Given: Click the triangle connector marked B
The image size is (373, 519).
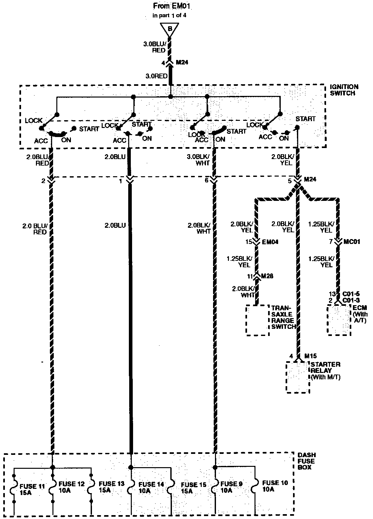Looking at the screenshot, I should pyautogui.click(x=170, y=29).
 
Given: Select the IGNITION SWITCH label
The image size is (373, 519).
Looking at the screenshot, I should pyautogui.click(x=344, y=90).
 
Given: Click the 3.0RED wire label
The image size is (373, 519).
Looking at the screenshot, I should pyautogui.click(x=156, y=76).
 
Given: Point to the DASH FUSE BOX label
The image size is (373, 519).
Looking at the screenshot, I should pyautogui.click(x=305, y=461).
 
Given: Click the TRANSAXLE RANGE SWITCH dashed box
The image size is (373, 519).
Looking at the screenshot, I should pyautogui.click(x=257, y=320).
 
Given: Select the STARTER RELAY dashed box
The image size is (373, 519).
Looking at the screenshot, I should pyautogui.click(x=298, y=377).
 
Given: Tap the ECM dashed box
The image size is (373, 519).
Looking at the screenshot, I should pyautogui.click(x=339, y=319).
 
